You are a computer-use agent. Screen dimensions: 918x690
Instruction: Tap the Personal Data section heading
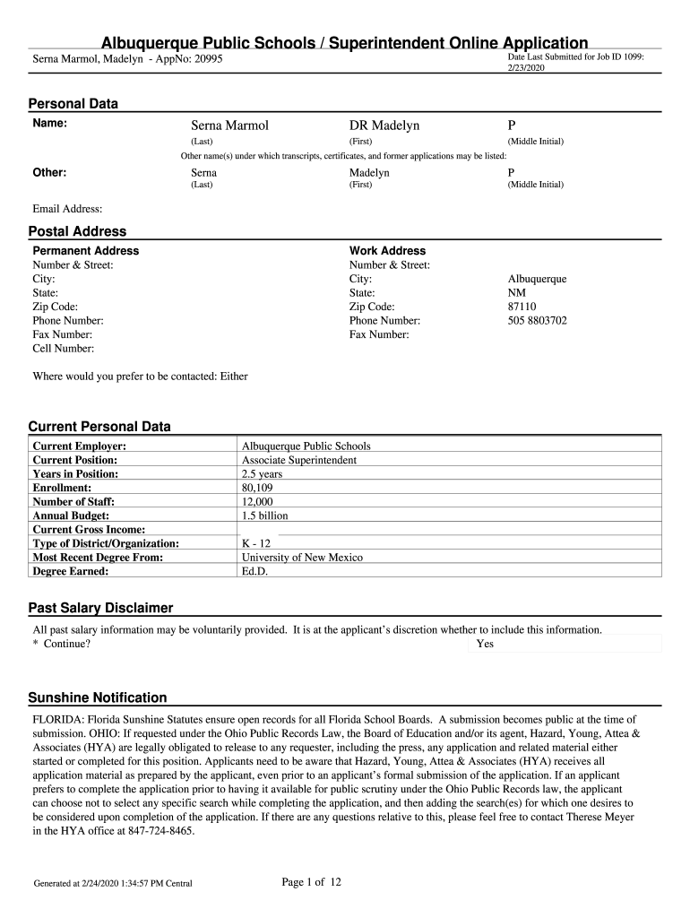click(73, 104)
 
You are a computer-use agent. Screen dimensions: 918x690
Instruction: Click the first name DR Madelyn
click(384, 126)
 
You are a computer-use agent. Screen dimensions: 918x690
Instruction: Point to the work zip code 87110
click(522, 307)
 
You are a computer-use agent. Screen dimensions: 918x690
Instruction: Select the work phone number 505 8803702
click(537, 320)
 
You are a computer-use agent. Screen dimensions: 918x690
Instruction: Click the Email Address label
click(67, 209)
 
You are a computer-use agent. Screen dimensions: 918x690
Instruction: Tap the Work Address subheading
click(387, 251)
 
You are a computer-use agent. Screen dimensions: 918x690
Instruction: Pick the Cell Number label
click(64, 348)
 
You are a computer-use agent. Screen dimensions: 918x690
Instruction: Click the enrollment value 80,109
click(258, 488)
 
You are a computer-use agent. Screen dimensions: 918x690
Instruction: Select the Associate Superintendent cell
click(299, 460)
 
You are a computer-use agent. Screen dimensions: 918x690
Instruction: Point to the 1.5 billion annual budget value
click(264, 515)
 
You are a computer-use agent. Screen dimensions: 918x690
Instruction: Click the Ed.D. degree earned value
click(256, 570)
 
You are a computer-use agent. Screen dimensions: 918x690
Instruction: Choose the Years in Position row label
click(75, 473)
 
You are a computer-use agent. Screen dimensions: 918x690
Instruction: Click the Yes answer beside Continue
click(485, 644)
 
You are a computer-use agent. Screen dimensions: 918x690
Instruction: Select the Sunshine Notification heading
click(98, 697)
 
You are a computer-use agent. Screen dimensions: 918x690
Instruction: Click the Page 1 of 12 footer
click(312, 883)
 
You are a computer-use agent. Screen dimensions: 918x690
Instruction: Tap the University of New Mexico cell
click(302, 557)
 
